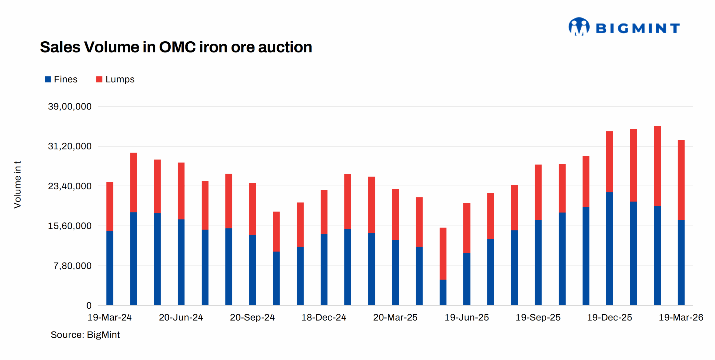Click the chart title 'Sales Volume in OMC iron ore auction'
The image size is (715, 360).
[x=176, y=47]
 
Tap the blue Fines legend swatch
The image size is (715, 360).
[x=48, y=79]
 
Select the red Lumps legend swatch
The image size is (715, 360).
[x=99, y=79]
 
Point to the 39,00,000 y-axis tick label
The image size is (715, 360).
[x=70, y=106]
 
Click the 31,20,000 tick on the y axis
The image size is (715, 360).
[x=70, y=146]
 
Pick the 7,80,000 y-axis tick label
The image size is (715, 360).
[x=72, y=266]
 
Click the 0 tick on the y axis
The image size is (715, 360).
[x=89, y=305]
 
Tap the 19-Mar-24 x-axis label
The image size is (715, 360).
[x=109, y=317]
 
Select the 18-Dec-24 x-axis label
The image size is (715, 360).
[x=323, y=317]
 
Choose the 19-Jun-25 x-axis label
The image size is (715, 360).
[x=466, y=317]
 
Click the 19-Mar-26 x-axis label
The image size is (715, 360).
[x=681, y=317]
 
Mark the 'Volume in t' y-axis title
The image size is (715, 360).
[x=17, y=185]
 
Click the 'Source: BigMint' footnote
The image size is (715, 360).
[x=85, y=335]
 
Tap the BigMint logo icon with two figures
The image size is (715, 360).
[x=579, y=27]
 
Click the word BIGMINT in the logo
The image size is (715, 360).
[x=638, y=28]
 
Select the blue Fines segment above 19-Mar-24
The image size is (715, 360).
[x=110, y=268]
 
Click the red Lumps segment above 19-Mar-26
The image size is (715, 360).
[x=681, y=180]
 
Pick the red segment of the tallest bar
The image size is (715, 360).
[x=657, y=166]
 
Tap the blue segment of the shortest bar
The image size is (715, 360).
[x=443, y=292]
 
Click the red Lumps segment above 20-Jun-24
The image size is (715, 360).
[x=181, y=191]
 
